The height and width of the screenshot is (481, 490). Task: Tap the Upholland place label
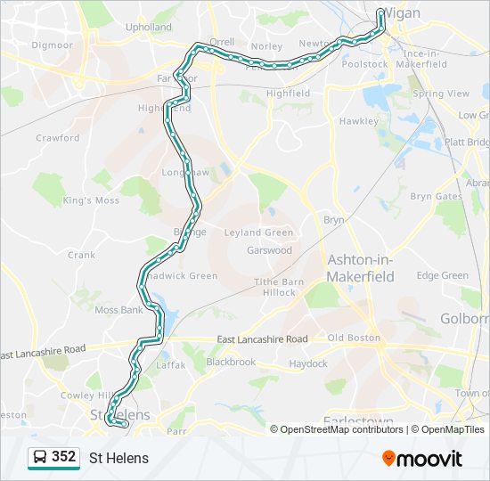pyautogui.click(x=149, y=28)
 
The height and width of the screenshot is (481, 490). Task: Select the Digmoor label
pyautogui.click(x=52, y=45)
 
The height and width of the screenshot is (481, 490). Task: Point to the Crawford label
pyautogui.click(x=57, y=138)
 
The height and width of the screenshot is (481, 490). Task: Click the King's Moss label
pyautogui.click(x=91, y=200)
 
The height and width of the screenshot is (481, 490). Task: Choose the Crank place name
pyautogui.click(x=81, y=255)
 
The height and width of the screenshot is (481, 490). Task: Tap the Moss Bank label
pyautogui.click(x=118, y=310)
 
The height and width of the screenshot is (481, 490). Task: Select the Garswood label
pyautogui.click(x=269, y=250)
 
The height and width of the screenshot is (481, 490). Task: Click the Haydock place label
pyautogui.click(x=307, y=363)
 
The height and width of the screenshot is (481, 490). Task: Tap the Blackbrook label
pyautogui.click(x=231, y=363)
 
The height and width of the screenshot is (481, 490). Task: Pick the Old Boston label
pyautogui.click(x=354, y=338)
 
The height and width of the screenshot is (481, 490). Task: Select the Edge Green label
pyautogui.click(x=442, y=276)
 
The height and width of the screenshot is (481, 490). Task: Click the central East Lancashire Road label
pyautogui.click(x=263, y=339)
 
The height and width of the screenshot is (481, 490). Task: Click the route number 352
pyautogui.click(x=63, y=457)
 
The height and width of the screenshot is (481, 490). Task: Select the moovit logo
pyautogui.click(x=422, y=458)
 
